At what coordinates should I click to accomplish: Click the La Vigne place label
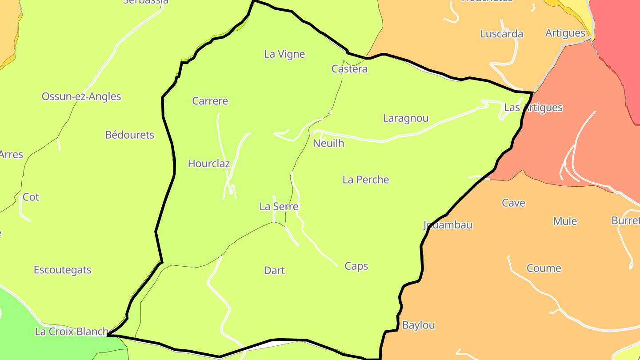pos(284,54)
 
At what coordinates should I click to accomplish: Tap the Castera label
pos(349,69)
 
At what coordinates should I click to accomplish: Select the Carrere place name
pos(210,101)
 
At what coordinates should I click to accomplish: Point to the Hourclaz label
pos(208,164)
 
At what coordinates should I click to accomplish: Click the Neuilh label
pos(328,144)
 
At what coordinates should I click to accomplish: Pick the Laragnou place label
pos(405,118)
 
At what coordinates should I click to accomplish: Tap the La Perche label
pos(365,180)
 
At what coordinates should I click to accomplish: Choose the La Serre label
pos(279,207)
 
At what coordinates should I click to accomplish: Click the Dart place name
pos(274,271)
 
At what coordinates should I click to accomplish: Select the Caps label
pos(356,266)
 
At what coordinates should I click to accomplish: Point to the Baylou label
pos(418,325)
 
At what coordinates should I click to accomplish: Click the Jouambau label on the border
pos(448,225)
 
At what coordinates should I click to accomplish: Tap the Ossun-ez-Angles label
pos(81,96)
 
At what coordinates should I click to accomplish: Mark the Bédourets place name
pos(129,135)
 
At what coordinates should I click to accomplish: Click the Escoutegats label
pos(62,270)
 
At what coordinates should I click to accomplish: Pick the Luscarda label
pos(501,34)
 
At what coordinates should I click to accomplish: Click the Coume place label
pos(544,268)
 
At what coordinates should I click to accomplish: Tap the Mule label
pos(564,221)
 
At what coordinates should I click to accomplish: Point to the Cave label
pos(513,203)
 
